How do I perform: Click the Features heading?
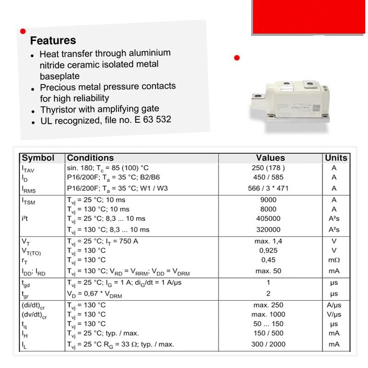(x=53, y=40)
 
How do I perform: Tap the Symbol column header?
(x=38, y=158)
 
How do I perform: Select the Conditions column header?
(x=90, y=158)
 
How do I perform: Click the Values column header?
(x=270, y=158)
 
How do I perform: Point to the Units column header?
(x=336, y=158)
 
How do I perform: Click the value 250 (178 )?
(x=268, y=168)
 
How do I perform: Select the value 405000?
(x=268, y=218)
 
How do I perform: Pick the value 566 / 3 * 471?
(x=268, y=188)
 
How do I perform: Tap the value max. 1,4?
(x=268, y=241)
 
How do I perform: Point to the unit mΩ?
(x=334, y=260)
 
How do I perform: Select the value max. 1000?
(x=268, y=315)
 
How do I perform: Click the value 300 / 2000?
(x=268, y=344)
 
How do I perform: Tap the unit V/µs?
(x=334, y=315)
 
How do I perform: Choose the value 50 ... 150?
(x=268, y=324)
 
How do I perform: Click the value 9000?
(x=268, y=200)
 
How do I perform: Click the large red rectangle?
(x=309, y=17)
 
